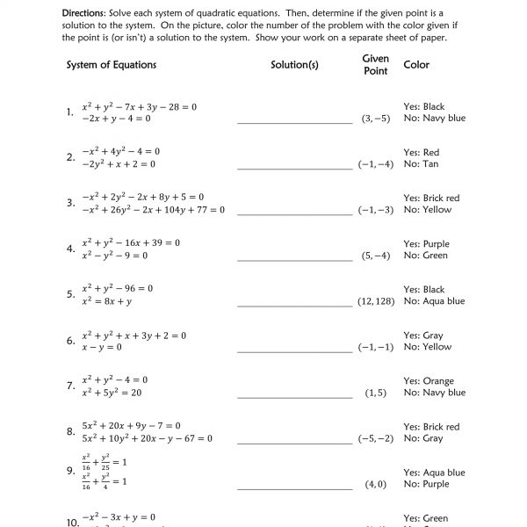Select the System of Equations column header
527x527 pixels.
pos(112,66)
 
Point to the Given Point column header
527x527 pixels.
pos(376,64)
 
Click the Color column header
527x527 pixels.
pos(416,66)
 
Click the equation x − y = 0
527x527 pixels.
pos(103,347)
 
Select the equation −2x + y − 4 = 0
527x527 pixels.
pos(116,118)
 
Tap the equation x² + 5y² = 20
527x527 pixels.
pos(112,393)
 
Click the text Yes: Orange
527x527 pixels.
pos(429,381)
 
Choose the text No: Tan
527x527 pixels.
pos(421,163)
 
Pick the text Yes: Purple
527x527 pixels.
pos(426,244)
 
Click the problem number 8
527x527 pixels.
pos(70,431)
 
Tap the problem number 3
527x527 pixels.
pos(70,203)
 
